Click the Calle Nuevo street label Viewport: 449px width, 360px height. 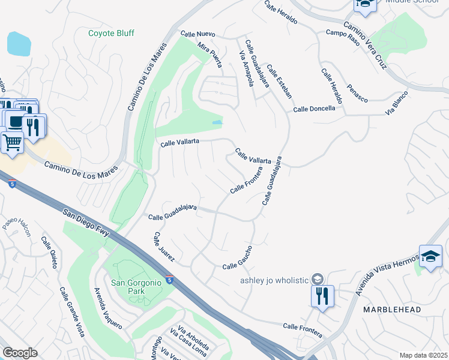click(x=197, y=35)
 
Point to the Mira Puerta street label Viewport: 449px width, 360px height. click(x=209, y=55)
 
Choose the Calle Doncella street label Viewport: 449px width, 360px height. click(x=318, y=109)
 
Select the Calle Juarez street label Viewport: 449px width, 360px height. click(x=164, y=247)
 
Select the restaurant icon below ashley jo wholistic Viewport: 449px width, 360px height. click(x=322, y=296)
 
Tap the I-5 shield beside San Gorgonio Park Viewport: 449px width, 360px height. click(x=171, y=280)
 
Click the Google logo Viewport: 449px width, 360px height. click(x=20, y=353)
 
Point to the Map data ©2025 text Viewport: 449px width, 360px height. click(x=423, y=355)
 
